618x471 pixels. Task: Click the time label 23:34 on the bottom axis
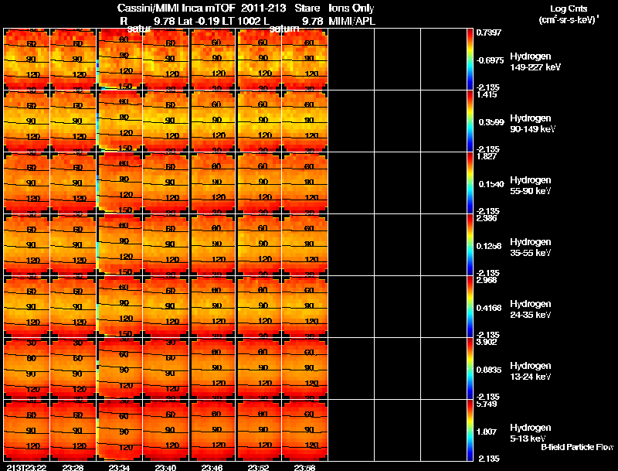120,467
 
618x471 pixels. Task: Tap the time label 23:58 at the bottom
305,467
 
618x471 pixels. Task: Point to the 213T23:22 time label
26,467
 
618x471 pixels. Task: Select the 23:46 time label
212,467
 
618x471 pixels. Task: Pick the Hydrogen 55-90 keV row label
531,186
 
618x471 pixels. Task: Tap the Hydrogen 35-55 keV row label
531,247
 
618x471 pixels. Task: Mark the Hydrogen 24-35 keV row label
531,309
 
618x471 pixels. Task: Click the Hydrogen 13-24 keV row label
531,371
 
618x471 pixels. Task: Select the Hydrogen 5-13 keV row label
530,433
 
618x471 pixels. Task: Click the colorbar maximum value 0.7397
488,32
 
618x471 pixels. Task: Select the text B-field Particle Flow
576,447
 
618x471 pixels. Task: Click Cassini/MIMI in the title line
150,8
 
